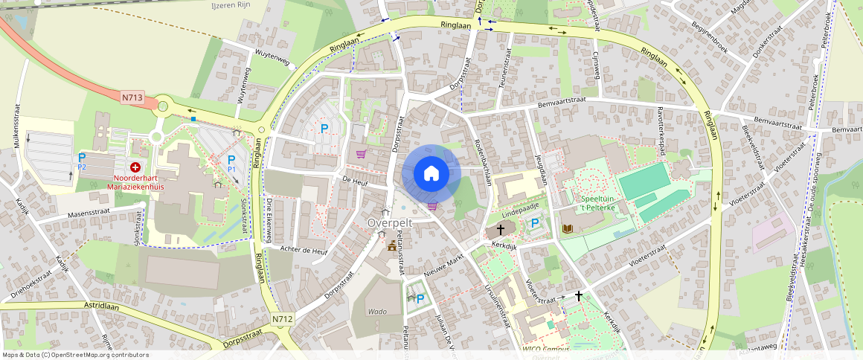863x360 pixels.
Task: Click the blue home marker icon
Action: pos(431,173)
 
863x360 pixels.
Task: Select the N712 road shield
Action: pos(283,319)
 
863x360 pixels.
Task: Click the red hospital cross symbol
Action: pos(135,168)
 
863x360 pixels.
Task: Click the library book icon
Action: pos(567,228)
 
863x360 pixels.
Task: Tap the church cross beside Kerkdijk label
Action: pos(500,231)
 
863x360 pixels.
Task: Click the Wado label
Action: pos(377,312)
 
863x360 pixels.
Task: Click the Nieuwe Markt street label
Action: pos(444,265)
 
